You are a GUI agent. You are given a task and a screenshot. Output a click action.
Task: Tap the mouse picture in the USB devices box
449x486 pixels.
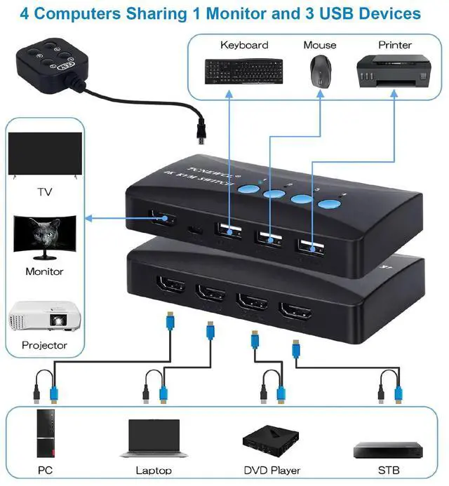pos(319,72)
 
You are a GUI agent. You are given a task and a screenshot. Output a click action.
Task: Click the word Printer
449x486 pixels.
pos(395,45)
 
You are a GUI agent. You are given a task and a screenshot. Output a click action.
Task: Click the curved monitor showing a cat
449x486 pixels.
pos(43,236)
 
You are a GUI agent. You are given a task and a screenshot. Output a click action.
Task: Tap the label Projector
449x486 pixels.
pos(44,345)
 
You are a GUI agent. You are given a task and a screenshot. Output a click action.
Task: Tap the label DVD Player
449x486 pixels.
pos(271,470)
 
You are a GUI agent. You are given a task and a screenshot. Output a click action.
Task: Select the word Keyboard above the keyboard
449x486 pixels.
pos(244,45)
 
